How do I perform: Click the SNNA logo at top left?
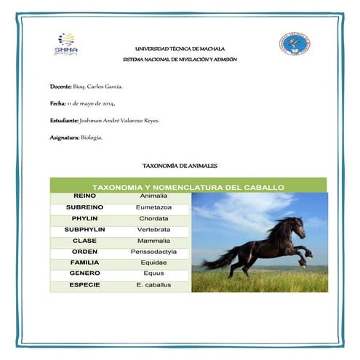[66, 44]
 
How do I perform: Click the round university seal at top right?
[294, 44]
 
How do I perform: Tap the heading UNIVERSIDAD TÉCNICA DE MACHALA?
[180, 48]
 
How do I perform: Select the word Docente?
[60, 87]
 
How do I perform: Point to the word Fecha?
[57, 104]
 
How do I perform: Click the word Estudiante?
[63, 121]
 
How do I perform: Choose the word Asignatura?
[65, 137]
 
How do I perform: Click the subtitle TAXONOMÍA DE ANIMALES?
[180, 167]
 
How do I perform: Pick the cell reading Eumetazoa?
[153, 208]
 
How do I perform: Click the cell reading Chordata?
[153, 219]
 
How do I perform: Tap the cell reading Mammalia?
[153, 241]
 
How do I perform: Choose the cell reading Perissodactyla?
[153, 252]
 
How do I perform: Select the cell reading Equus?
[153, 273]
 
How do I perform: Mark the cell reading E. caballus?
[153, 284]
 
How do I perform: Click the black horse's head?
[295, 223]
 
